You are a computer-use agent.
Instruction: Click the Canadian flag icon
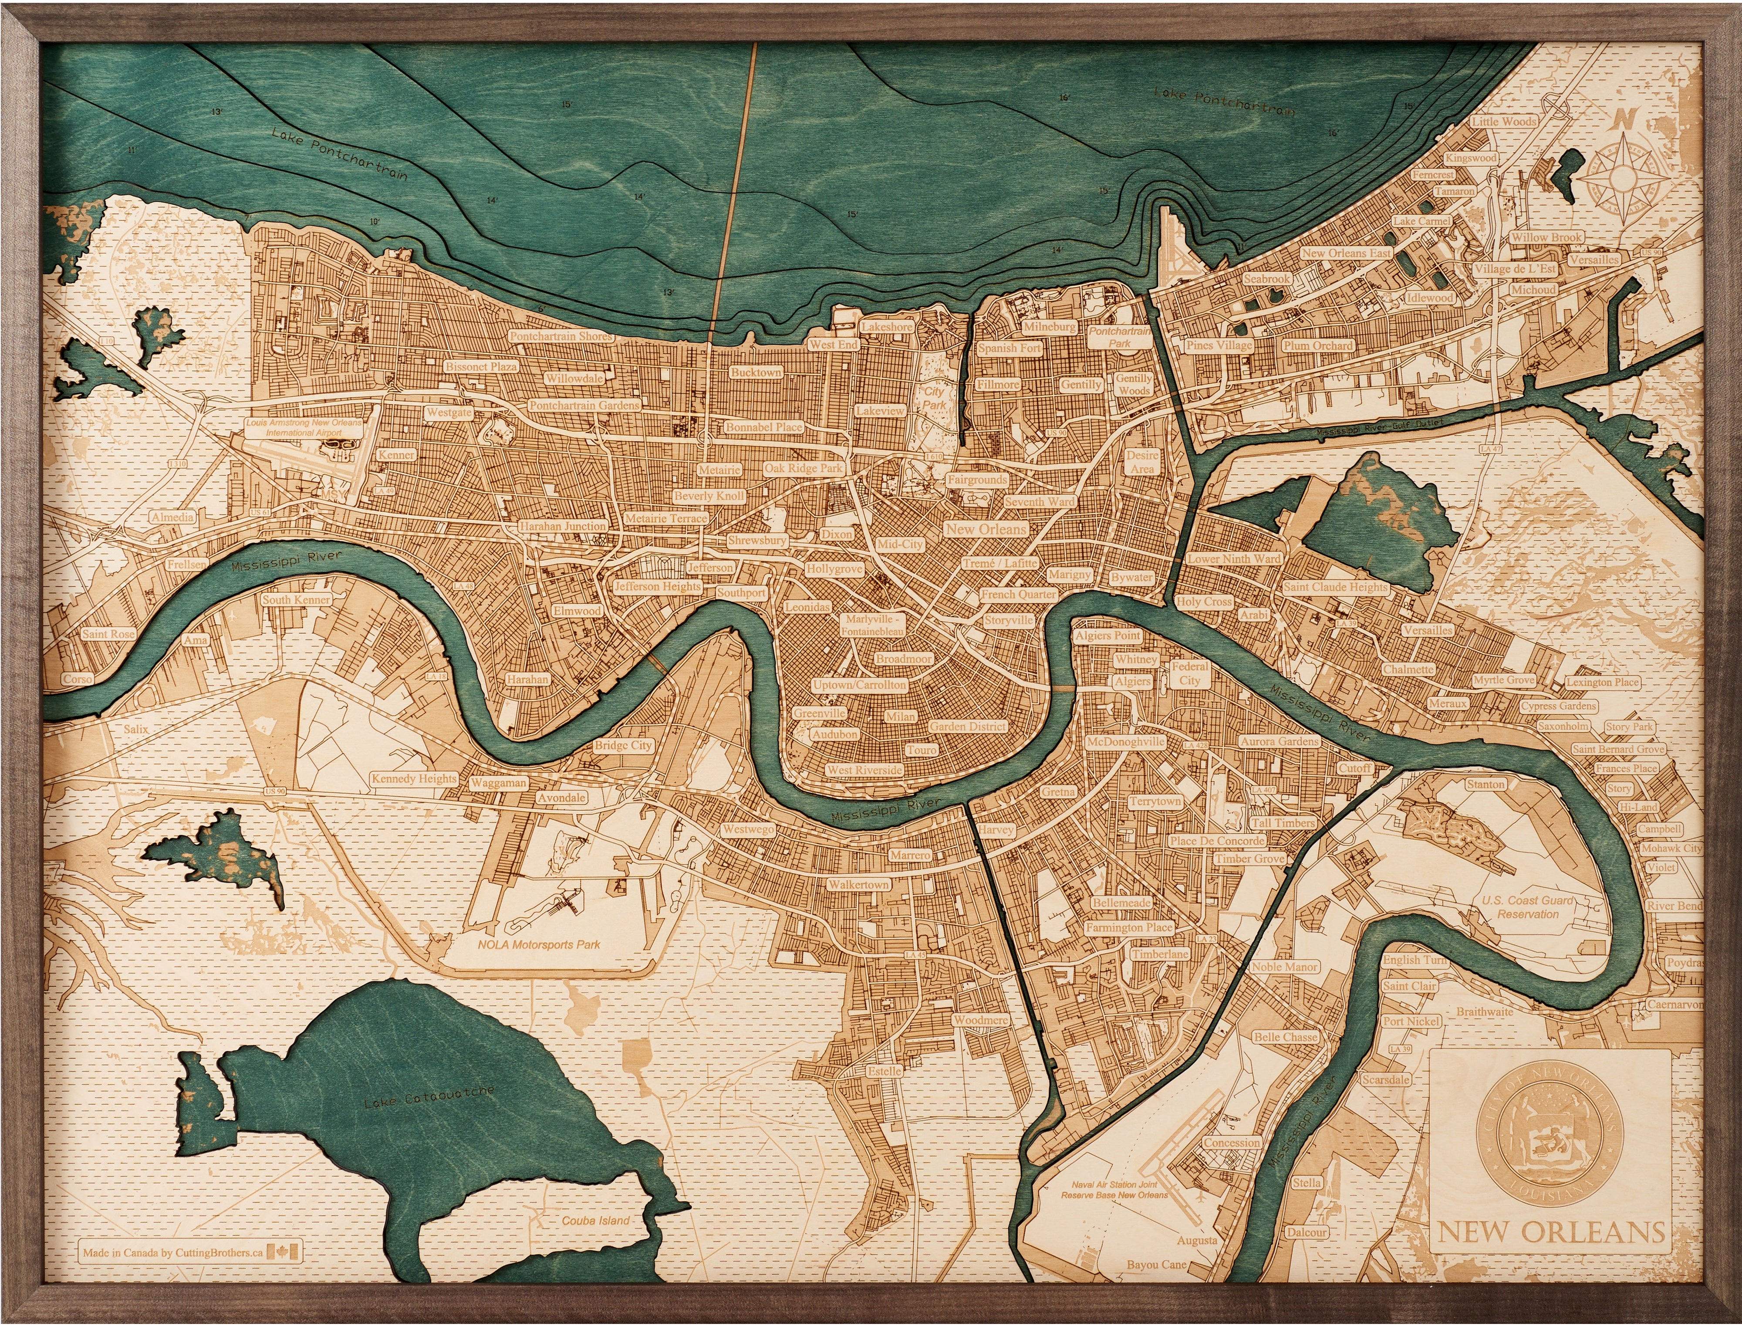pos(284,1252)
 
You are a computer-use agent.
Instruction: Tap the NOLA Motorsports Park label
pos(539,944)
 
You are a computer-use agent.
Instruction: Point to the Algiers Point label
pos(1107,636)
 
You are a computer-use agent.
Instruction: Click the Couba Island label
pos(596,1220)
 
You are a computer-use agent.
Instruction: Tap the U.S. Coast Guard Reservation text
pos(1528,907)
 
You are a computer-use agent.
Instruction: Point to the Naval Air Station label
pos(1114,1190)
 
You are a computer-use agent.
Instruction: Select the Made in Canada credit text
pos(174,1252)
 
